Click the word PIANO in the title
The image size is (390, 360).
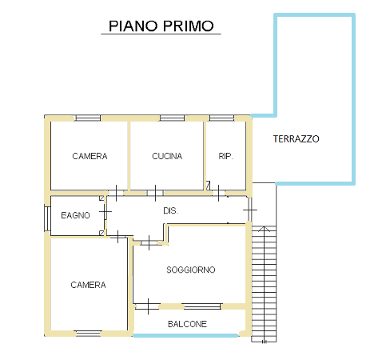click(x=133, y=26)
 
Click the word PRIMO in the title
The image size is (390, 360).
click(x=189, y=26)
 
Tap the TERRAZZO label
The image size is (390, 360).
click(x=296, y=139)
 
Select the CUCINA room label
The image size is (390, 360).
click(x=167, y=156)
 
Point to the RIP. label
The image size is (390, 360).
click(x=226, y=156)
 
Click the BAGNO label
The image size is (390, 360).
click(x=75, y=215)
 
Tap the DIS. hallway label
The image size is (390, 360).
click(x=171, y=211)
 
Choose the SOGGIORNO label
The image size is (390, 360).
click(x=191, y=270)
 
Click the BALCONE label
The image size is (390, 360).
click(x=187, y=324)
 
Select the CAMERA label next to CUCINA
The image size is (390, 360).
click(x=90, y=156)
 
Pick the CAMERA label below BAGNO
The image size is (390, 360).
click(x=88, y=285)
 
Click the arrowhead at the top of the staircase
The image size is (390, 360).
click(x=264, y=229)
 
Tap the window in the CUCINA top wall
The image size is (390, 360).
click(x=172, y=118)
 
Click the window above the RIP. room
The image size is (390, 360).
click(x=221, y=118)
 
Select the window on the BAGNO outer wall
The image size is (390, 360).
click(x=47, y=218)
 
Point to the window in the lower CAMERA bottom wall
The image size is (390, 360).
click(x=89, y=334)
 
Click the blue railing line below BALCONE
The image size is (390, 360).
click(x=185, y=335)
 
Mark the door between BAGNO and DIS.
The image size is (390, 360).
click(x=105, y=212)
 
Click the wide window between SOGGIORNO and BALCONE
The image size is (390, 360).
click(x=202, y=306)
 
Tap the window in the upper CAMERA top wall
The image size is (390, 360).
click(x=88, y=118)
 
